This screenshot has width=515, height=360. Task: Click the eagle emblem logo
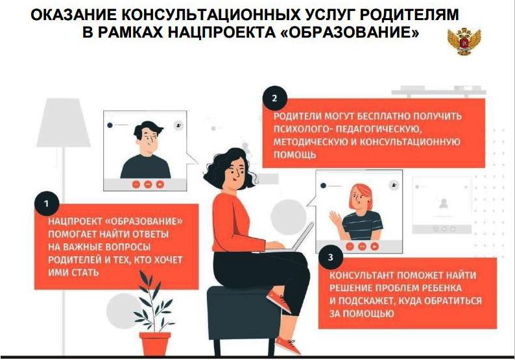pos(464,42)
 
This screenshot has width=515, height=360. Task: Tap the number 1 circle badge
pos(47,204)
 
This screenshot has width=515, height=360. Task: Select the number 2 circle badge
pos(274,98)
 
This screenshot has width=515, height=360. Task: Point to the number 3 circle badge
pos(330,258)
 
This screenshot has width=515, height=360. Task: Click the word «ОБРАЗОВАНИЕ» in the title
pos(350,32)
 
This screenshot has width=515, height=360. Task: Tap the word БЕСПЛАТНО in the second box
pos(383,116)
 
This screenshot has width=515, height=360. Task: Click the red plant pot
pos(155,344)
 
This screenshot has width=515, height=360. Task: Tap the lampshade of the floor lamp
pos(63,123)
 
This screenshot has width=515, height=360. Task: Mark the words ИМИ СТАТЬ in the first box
pos(73,272)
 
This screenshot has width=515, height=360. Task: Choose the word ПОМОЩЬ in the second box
pos(294,155)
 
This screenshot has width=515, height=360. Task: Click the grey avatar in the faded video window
pos(444,203)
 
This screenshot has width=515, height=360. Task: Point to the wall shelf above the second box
pos(439,91)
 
